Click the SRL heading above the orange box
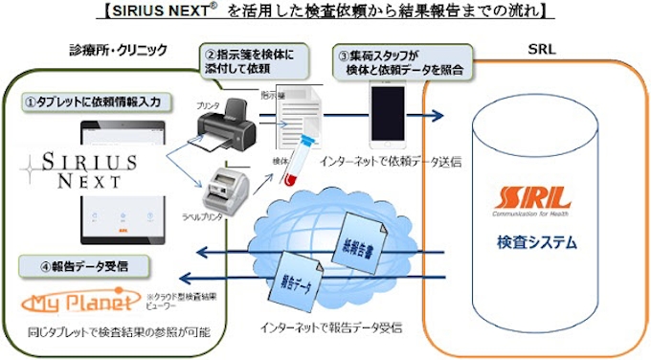(544, 50)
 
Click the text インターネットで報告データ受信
(330, 327)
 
